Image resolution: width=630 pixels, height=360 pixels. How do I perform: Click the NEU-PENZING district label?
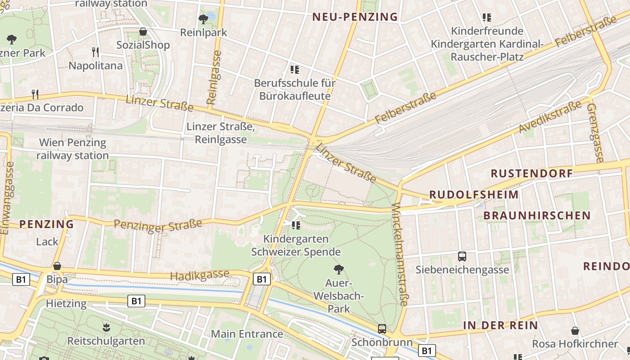(x=355, y=17)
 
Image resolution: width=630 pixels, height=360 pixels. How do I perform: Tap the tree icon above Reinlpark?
(x=203, y=19)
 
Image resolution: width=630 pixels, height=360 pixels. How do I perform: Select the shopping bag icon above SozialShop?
(x=143, y=31)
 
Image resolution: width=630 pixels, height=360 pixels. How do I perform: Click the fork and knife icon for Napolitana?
(x=95, y=52)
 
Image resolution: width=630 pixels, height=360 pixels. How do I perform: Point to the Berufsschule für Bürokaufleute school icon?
(x=295, y=70)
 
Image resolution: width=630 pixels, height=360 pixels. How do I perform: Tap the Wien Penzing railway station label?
(x=72, y=149)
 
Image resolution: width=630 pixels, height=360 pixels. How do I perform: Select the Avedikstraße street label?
(x=550, y=117)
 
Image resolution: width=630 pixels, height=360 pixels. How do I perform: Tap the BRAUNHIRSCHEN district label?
(x=537, y=216)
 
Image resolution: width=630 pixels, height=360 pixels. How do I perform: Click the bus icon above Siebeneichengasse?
(x=462, y=256)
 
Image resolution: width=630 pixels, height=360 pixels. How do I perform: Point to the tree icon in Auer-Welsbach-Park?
(x=339, y=270)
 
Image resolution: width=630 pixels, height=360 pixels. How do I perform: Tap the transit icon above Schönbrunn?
(x=382, y=329)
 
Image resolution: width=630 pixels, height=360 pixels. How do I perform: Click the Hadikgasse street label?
(x=200, y=275)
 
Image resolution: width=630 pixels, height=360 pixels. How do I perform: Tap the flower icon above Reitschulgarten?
(x=106, y=328)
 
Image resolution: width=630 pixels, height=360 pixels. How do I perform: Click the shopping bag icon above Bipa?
(x=57, y=266)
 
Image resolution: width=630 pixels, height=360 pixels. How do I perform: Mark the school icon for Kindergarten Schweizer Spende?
(x=296, y=225)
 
